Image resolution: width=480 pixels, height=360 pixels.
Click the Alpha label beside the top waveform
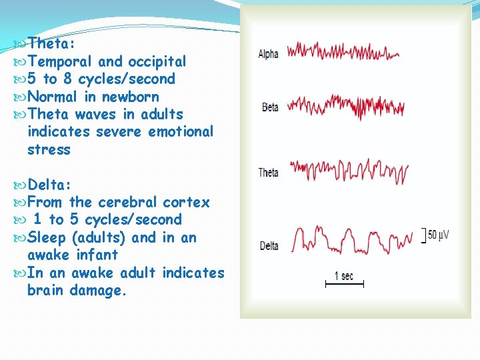tap(269, 54)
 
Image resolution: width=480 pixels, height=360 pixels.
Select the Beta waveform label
tap(270, 107)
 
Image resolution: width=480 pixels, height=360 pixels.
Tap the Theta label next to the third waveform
tap(268, 173)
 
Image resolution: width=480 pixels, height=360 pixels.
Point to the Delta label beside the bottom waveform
tap(269, 246)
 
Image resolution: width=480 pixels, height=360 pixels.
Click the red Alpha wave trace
tap(343, 52)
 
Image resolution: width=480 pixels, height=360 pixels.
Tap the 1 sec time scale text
tap(344, 275)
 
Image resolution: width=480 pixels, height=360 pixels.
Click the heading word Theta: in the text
tap(52, 43)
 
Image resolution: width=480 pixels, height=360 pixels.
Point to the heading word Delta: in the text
tap(52, 184)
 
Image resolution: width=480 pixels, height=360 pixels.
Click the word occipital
tap(157, 61)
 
